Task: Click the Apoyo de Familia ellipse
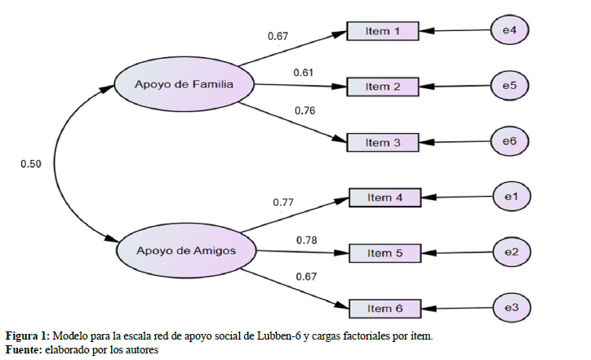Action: (184, 84)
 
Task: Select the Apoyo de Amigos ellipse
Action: (186, 251)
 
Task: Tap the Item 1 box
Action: (383, 31)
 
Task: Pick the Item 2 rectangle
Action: (383, 86)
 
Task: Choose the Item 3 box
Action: (383, 142)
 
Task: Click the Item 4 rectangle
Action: (385, 198)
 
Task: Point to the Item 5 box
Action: (385, 253)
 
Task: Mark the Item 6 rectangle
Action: (385, 309)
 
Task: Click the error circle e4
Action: (509, 31)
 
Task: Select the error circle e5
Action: (509, 85)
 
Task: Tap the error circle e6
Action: (509, 141)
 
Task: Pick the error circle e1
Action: (512, 197)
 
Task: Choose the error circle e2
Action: (512, 252)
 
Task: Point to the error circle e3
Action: (512, 308)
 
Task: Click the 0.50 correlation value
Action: (31, 164)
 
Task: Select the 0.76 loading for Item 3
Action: (304, 111)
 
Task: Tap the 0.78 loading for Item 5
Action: (307, 239)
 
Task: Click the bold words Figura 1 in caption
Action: (27, 336)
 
